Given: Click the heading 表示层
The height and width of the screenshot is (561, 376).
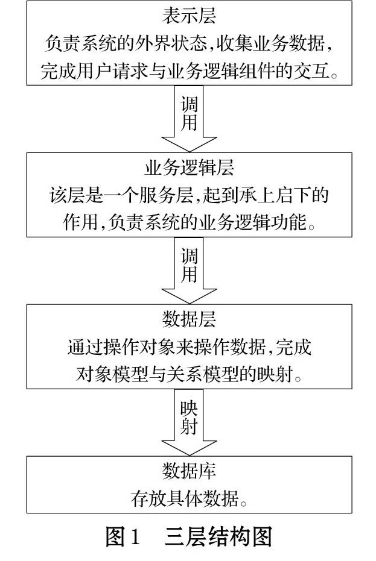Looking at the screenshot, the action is (x=189, y=16).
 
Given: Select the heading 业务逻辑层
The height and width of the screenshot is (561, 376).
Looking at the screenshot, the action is (x=189, y=168).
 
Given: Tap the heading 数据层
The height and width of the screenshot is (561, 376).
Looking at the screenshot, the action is (x=189, y=320).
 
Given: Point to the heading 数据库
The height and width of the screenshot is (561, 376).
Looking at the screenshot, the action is (x=189, y=471).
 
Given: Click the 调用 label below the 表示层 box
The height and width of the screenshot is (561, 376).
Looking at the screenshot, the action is (x=189, y=114).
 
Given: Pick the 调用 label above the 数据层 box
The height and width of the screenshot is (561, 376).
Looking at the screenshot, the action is (x=189, y=266).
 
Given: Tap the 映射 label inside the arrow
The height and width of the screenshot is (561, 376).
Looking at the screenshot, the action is (x=189, y=417).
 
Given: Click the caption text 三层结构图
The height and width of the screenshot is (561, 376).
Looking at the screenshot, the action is (x=218, y=536).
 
